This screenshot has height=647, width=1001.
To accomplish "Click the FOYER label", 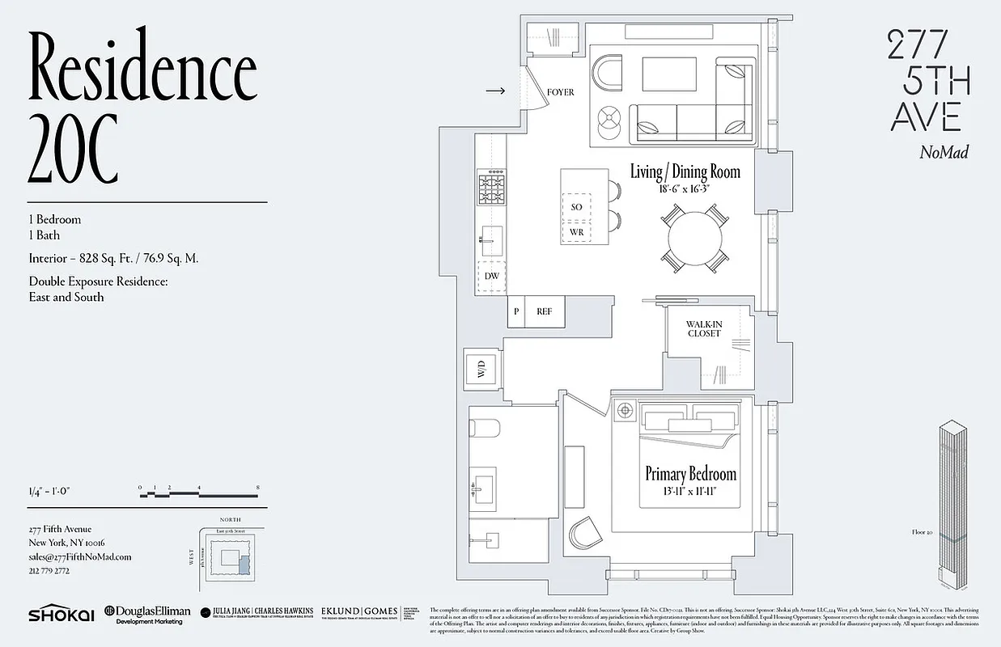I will [x=560, y=92].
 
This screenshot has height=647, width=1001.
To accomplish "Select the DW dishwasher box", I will [x=491, y=277].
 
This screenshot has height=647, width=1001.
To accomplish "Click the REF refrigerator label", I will [x=544, y=311].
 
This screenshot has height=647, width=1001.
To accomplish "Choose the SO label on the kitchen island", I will [x=577, y=207].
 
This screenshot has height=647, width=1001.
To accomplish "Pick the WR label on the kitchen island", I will [x=577, y=232].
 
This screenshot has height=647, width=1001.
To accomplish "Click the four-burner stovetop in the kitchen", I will [x=491, y=190].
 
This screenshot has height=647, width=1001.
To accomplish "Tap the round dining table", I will [x=693, y=238].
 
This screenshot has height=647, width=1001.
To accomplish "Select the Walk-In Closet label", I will [x=705, y=328].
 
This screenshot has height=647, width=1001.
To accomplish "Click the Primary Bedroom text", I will [x=690, y=474].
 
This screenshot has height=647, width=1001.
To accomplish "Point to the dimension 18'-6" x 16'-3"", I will [x=685, y=188].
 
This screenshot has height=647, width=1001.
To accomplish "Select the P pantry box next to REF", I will [x=515, y=311].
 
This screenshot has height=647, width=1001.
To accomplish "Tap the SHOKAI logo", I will [x=58, y=615].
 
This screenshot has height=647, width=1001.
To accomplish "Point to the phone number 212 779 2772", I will [x=49, y=571].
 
